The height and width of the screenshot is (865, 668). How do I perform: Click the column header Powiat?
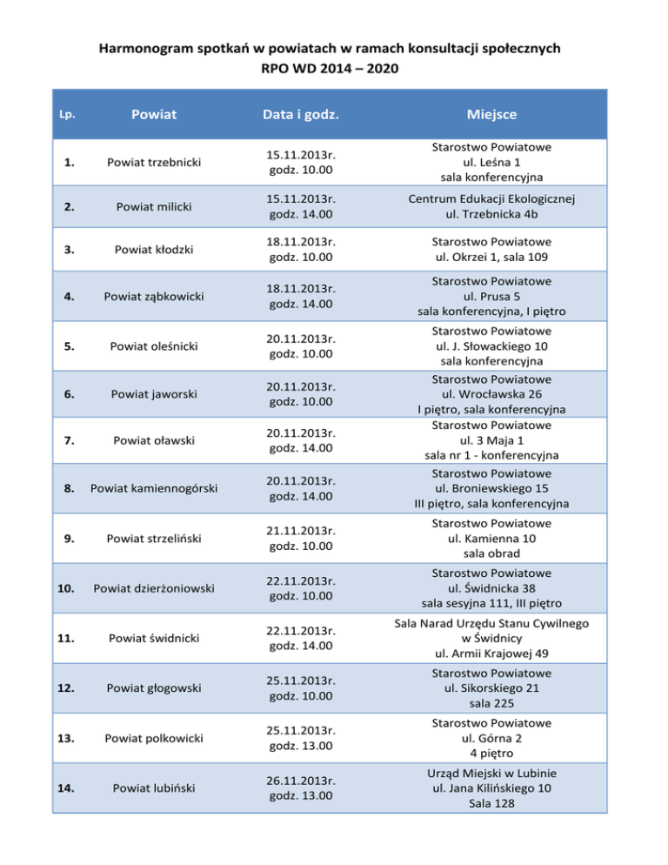[154, 114]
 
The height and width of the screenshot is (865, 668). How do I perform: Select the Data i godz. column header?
[302, 114]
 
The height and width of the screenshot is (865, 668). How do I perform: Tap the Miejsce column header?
[491, 114]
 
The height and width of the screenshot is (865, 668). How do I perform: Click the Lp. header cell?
[66, 114]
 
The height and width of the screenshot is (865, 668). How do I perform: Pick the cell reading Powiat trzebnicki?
[154, 162]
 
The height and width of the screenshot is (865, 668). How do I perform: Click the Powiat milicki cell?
[154, 206]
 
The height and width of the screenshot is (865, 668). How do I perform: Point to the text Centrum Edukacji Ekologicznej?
[492, 198]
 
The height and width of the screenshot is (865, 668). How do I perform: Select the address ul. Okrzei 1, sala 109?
[492, 256]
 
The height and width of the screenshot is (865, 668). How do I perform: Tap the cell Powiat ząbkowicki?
[154, 297]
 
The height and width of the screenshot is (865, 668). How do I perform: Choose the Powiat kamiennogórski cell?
[154, 489]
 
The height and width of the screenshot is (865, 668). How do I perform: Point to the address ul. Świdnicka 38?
[492, 587]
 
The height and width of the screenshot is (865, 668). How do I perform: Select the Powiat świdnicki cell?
[154, 638]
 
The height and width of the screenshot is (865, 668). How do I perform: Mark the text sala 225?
[492, 702]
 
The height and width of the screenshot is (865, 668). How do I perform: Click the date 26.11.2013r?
[302, 781]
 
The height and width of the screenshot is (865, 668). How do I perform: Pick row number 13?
[68, 738]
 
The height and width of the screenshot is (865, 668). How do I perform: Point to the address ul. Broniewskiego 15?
[492, 488]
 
